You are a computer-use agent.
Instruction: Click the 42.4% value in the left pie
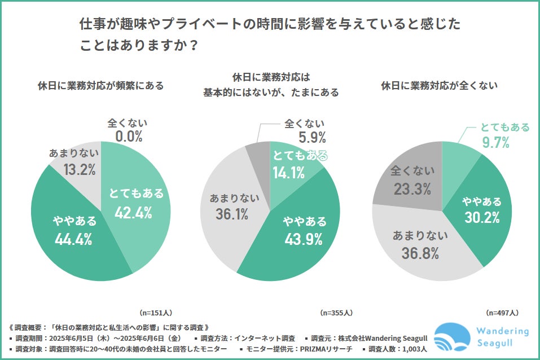134,212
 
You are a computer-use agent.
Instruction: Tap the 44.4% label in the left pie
73,239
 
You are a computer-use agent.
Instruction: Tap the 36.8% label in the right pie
420,253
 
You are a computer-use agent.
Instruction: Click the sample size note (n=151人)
156,312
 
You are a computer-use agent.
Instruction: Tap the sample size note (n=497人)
502,312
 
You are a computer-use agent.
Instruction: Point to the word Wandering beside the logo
502,331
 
